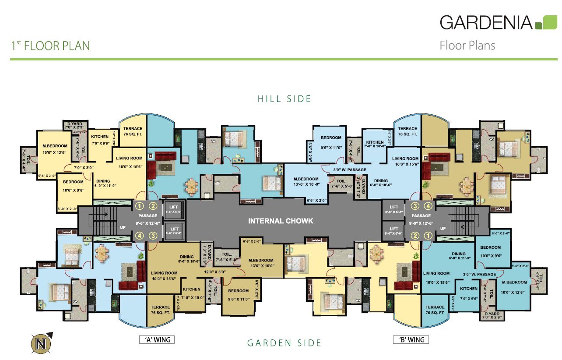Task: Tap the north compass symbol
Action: (42, 342)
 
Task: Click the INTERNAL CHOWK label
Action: (281, 221)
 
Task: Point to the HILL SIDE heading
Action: (285, 99)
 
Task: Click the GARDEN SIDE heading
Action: (285, 343)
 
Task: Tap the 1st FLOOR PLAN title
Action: (50, 46)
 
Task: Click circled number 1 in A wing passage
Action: (139, 206)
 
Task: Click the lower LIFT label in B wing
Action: (394, 229)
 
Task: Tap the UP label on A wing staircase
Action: (123, 228)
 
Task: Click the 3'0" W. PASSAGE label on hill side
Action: (350, 170)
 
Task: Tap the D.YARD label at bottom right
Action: (491, 314)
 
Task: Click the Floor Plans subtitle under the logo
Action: (467, 46)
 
